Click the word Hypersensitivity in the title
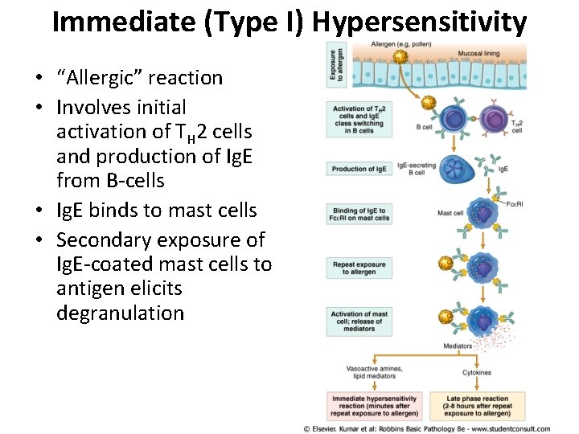point(419,22)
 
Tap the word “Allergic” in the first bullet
point(102,78)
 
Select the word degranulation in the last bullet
point(120,313)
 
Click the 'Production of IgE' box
point(359,169)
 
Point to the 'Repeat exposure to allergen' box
point(359,268)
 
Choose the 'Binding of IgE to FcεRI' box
point(359,214)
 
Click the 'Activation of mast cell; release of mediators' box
point(359,321)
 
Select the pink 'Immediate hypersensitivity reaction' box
point(375,403)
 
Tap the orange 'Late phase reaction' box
point(478,403)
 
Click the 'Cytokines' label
point(477,373)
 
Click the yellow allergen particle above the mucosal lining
point(400,57)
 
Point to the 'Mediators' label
point(458,346)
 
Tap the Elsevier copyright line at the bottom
point(427,428)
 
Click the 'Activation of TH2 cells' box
point(359,117)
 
